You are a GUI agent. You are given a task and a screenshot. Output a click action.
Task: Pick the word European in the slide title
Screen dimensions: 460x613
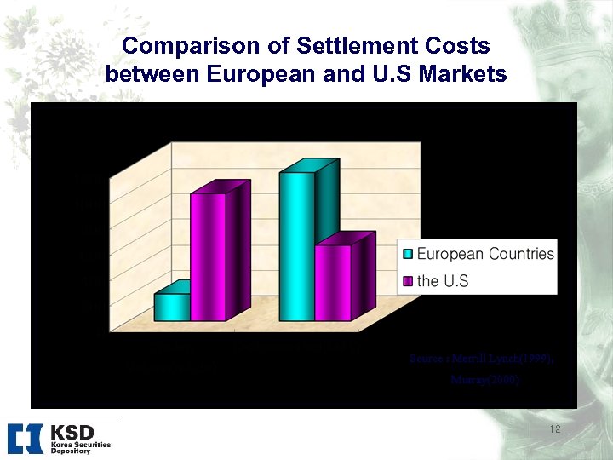click(x=260, y=74)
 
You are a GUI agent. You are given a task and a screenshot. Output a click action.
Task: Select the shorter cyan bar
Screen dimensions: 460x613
click(x=171, y=307)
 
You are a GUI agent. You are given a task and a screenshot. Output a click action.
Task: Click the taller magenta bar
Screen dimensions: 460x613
click(x=207, y=256)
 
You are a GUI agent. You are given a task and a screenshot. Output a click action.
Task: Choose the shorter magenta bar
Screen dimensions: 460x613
click(x=332, y=282)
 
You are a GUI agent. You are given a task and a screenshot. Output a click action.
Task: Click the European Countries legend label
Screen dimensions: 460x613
click(x=485, y=254)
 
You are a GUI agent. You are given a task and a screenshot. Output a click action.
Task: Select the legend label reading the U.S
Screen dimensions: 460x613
click(x=443, y=280)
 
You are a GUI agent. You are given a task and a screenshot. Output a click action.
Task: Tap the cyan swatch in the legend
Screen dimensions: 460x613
click(x=408, y=254)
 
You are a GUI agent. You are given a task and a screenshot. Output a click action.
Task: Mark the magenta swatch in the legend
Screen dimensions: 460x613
click(x=408, y=280)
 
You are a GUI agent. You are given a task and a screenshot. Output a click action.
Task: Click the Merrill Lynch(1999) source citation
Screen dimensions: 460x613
click(x=482, y=359)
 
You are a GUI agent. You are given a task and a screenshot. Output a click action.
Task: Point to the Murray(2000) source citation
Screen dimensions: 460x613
click(x=484, y=380)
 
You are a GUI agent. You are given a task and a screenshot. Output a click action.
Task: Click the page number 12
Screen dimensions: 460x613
click(x=555, y=429)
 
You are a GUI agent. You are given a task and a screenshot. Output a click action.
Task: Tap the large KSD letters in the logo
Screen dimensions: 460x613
click(x=71, y=433)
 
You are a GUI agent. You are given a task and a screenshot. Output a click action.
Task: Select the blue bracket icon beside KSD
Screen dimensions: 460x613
click(x=25, y=438)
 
